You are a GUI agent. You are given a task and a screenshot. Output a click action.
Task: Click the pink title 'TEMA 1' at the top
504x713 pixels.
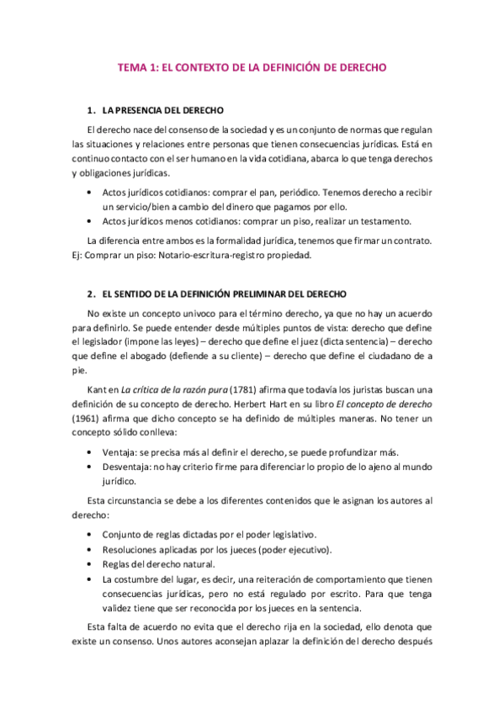(x=139, y=68)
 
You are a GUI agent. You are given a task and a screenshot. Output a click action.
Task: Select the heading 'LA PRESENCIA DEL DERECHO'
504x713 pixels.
(x=162, y=111)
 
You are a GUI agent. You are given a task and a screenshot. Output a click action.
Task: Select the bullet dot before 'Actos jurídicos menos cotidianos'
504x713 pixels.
(x=89, y=221)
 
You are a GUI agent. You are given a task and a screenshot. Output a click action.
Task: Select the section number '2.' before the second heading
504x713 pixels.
(x=91, y=293)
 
